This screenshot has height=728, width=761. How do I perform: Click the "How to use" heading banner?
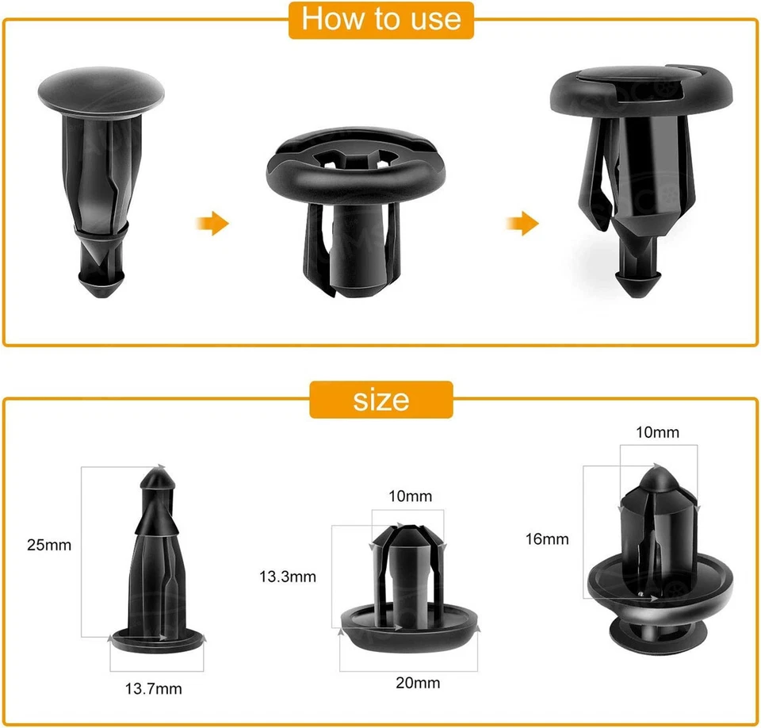point(380,19)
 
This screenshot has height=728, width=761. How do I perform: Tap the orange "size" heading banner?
point(380,399)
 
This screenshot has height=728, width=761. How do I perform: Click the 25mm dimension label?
point(49,545)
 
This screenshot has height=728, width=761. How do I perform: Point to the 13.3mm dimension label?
point(288,577)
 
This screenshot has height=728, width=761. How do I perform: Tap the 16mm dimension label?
point(547,539)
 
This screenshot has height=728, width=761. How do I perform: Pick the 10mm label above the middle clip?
point(411,496)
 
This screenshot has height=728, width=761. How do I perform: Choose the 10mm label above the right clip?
point(658,432)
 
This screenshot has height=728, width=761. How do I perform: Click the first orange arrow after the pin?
point(212,224)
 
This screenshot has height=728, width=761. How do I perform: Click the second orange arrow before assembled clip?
point(522,224)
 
